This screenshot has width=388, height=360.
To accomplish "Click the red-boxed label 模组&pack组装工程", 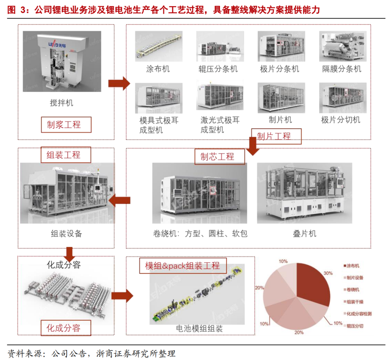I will [183, 266].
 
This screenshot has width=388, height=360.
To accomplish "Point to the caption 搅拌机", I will [61, 103].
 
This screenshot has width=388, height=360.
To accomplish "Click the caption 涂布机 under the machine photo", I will [158, 69].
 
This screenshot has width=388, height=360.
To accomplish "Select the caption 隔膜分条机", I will [342, 69].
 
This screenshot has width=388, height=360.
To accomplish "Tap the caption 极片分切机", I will [341, 119].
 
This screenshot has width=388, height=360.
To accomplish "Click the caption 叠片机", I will [305, 233].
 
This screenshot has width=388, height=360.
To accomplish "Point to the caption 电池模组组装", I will [199, 328].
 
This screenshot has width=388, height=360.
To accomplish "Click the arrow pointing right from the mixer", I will [119, 83].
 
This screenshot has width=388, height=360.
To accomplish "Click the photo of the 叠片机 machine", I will [304, 193].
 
